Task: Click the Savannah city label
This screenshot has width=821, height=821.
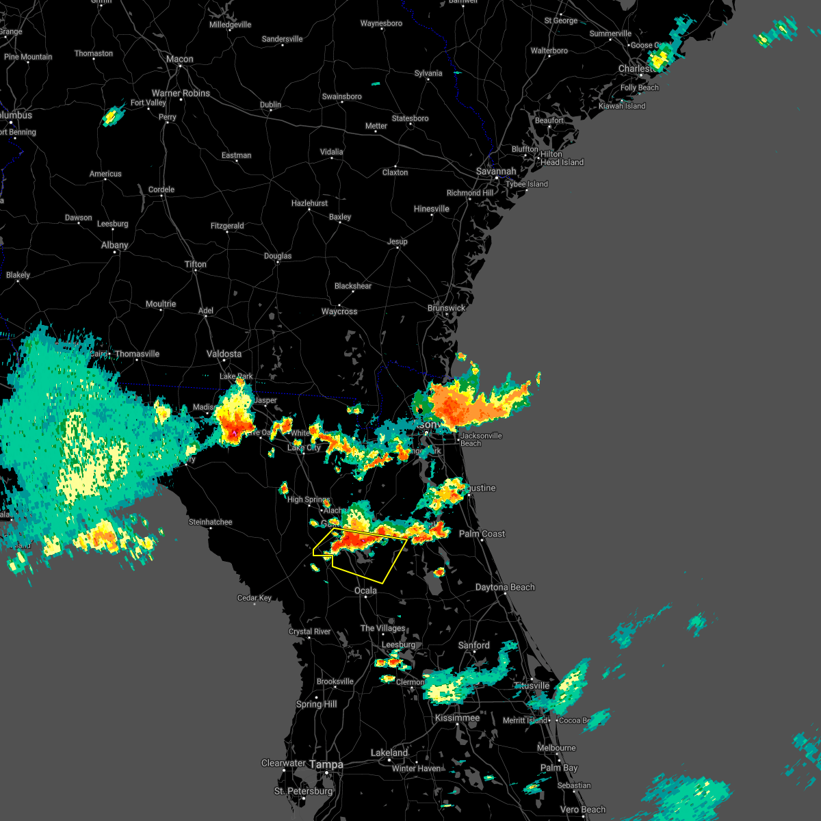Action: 496,171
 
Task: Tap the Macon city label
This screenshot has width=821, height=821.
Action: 180,60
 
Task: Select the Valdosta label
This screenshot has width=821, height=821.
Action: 224,354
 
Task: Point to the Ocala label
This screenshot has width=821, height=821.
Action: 365,590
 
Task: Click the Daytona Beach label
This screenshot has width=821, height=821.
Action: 505,587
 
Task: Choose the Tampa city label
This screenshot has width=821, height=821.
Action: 326,764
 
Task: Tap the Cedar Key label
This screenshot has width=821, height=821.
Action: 255,598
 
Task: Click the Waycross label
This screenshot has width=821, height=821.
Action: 339,311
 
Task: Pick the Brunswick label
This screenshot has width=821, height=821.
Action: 446,308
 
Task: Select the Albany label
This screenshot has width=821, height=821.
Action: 114,245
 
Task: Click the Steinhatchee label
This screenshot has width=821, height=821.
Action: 210,522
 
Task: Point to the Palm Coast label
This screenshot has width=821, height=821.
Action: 482,534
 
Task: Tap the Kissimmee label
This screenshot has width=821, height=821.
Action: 457,718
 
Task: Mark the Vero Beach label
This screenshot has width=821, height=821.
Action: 583,809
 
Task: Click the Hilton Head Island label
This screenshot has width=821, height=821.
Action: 562,158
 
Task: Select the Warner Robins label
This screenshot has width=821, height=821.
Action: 181,93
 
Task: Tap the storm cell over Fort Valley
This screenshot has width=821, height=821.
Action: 112,116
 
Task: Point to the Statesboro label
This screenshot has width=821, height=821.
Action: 410,118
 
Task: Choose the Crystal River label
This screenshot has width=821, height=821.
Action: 309,631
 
